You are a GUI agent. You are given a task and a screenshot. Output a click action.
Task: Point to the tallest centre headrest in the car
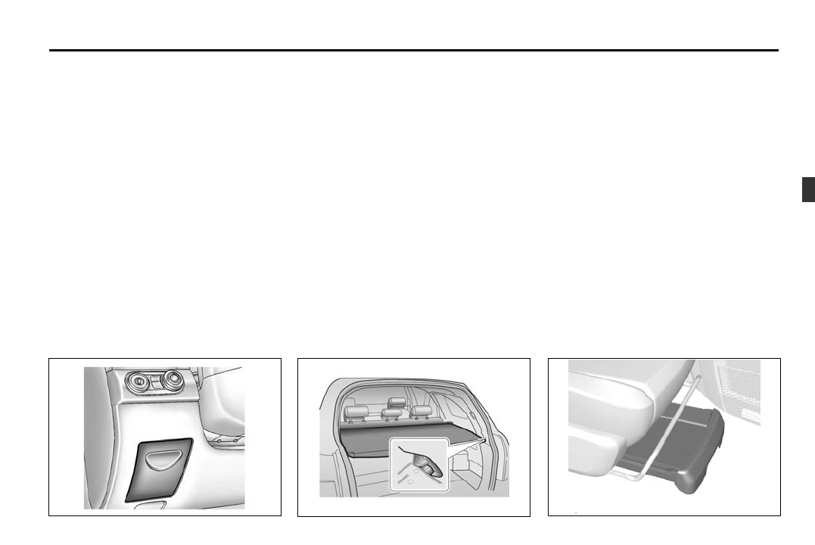396,403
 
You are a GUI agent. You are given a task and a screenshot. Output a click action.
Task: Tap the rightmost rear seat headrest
421,413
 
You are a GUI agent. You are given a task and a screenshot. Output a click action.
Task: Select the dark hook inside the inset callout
428,469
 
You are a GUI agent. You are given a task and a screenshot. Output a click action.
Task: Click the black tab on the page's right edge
808,189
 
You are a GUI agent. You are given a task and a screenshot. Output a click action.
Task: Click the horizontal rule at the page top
413,51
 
